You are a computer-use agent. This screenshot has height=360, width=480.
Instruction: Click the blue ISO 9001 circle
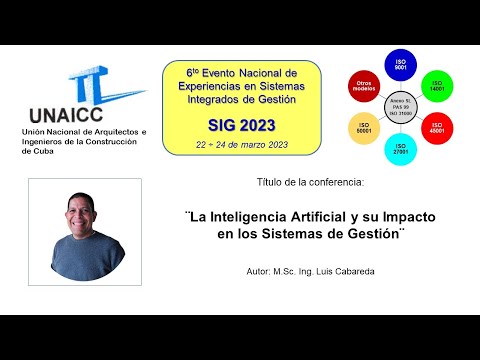[400, 65]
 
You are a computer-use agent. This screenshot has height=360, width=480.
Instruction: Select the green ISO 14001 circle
[435, 85]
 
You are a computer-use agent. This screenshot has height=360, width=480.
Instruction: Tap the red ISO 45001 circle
[437, 127]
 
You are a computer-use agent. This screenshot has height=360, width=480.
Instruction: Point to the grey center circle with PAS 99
[400, 107]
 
